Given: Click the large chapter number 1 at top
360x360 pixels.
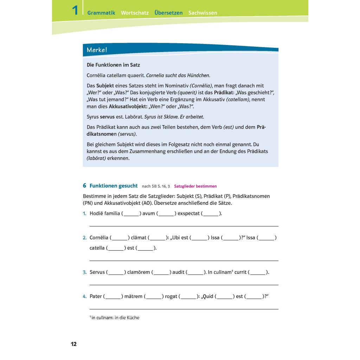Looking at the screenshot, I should [x=75, y=10].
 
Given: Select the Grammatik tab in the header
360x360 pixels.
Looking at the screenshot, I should [x=101, y=13].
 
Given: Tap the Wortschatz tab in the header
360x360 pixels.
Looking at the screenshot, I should [x=135, y=13].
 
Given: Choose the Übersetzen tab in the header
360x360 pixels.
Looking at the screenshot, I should [x=168, y=13].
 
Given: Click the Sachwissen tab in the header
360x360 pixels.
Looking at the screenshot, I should [x=202, y=13].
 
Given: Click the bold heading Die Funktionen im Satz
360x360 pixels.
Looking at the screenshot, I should [x=113, y=65].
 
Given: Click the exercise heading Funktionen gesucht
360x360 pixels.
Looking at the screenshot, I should [x=114, y=186].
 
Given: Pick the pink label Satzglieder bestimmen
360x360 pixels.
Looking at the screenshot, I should [x=195, y=186].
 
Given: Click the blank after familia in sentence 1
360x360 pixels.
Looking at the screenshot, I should [x=131, y=213].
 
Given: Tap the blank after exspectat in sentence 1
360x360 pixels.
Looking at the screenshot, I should [x=211, y=213].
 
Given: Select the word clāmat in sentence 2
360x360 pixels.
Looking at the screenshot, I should [x=138, y=238].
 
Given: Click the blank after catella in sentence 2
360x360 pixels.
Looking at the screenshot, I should [x=116, y=248].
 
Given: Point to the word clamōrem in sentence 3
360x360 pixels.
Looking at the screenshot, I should [x=139, y=272].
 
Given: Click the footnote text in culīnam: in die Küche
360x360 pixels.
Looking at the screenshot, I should [x=115, y=318].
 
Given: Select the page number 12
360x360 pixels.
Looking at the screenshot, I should [x=73, y=344].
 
